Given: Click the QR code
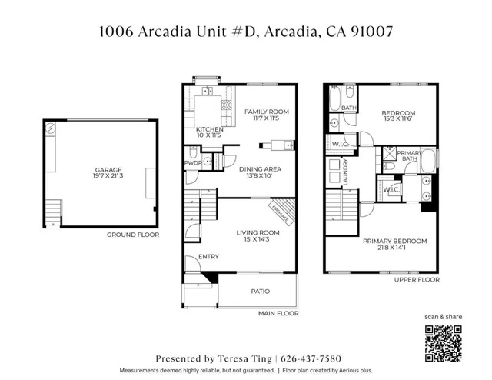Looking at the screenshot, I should click(x=444, y=342).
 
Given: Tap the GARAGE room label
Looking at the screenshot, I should click(x=108, y=170).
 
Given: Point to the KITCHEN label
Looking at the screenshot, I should click(x=210, y=129).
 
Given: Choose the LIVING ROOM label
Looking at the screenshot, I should click(x=258, y=232).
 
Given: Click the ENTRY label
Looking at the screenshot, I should click(x=208, y=257).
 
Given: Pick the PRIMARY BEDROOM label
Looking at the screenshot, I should click(x=395, y=241).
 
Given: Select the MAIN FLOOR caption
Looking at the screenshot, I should click(x=279, y=313).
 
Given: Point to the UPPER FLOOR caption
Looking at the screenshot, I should click(x=417, y=280).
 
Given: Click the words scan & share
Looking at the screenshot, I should click(x=444, y=317).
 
